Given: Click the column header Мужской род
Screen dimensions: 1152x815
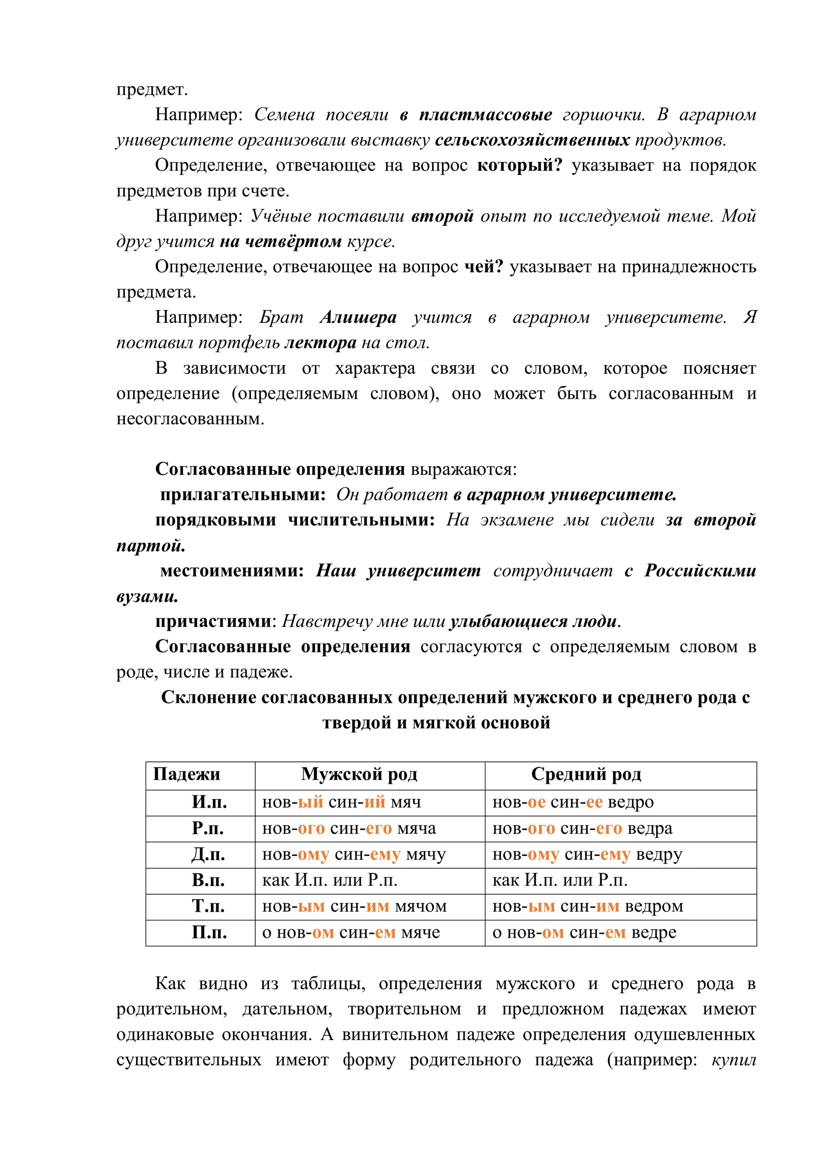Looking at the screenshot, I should click(359, 774).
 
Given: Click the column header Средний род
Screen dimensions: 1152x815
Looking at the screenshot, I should click(586, 774).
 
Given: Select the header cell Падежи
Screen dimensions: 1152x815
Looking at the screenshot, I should click(186, 774).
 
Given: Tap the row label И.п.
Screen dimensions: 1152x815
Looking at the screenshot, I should click(209, 802).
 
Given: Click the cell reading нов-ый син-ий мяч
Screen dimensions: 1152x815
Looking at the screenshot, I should click(341, 802).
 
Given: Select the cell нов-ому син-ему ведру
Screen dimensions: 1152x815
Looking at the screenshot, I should click(587, 854).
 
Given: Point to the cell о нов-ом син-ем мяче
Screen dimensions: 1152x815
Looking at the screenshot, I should click(350, 931).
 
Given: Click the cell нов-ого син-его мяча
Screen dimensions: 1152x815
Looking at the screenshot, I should click(349, 828).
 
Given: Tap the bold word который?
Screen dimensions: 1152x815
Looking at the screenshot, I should click(519, 165).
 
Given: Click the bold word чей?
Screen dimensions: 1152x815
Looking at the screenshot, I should click(483, 266).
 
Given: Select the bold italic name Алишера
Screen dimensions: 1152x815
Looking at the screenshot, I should click(358, 317).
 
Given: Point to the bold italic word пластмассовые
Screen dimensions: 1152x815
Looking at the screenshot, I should click(485, 115).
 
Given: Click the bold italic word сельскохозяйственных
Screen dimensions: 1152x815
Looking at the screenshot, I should click(532, 140).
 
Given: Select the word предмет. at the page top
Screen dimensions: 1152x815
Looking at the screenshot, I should click(152, 89).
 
